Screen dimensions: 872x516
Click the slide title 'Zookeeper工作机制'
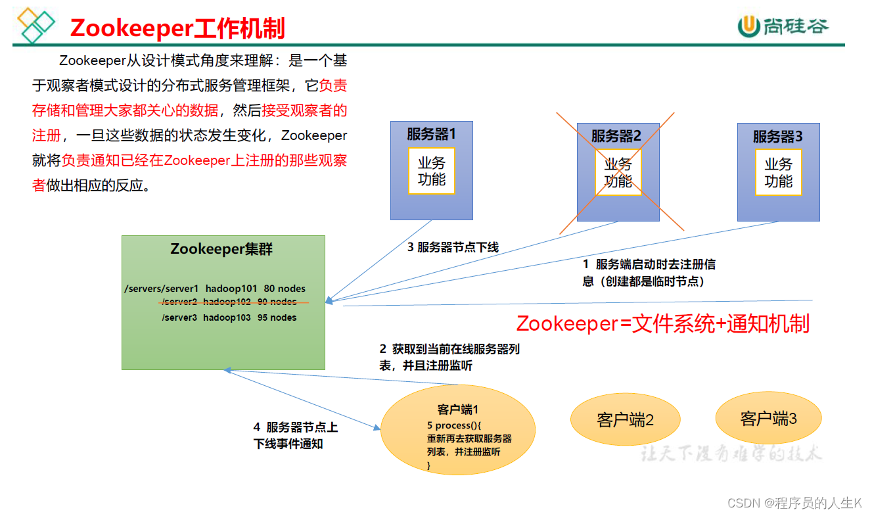[x=177, y=28]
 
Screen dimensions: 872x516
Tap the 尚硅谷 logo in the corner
[x=783, y=26]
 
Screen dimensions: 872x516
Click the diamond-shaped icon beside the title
[x=36, y=24]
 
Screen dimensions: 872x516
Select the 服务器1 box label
[x=431, y=134]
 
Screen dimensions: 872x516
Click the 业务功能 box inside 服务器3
[x=778, y=172]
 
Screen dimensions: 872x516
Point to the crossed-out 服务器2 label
[x=616, y=136]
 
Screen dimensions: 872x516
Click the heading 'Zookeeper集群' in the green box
[x=221, y=249]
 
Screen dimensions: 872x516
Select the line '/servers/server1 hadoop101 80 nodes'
[x=215, y=289]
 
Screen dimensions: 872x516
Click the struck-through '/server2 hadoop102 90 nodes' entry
[x=229, y=302]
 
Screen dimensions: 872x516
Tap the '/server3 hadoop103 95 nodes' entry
[x=229, y=317]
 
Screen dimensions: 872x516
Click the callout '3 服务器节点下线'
[x=453, y=247]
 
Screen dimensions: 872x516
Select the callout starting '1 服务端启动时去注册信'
[x=649, y=273]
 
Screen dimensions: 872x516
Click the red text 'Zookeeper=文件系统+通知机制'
[x=663, y=323]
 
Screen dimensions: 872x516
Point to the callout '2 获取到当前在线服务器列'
[x=449, y=357]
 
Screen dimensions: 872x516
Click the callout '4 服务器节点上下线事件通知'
[x=296, y=435]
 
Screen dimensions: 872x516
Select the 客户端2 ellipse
[x=625, y=419]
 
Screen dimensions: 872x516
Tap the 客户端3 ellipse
[x=768, y=418]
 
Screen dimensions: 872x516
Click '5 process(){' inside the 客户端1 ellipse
[x=454, y=425]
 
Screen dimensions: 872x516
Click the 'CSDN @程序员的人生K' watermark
[x=794, y=503]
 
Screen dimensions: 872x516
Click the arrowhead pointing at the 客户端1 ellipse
[x=377, y=428]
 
